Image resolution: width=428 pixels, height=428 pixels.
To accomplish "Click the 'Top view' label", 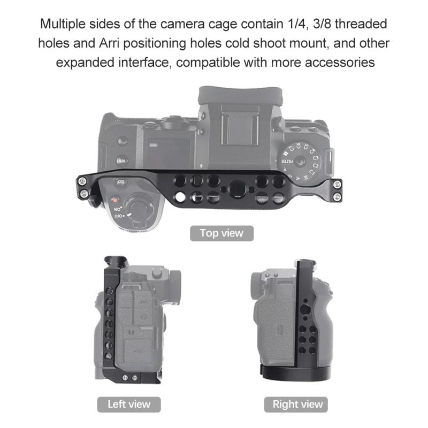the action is (221, 233).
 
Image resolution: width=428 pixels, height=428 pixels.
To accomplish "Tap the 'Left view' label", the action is (129, 404).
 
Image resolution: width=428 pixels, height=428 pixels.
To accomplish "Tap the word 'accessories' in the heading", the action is (340, 63).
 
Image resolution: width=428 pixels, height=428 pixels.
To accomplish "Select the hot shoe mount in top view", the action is (240, 126).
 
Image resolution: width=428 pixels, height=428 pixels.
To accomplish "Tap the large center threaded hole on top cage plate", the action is (238, 189).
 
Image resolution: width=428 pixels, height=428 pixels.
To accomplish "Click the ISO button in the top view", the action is (120, 182).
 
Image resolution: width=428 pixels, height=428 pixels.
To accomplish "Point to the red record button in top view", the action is (115, 200).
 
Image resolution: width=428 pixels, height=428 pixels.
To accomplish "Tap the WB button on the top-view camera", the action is (122, 161).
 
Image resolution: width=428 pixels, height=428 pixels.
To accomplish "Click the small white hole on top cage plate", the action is (180, 196).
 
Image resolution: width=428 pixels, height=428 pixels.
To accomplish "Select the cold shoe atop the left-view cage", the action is (116, 262).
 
